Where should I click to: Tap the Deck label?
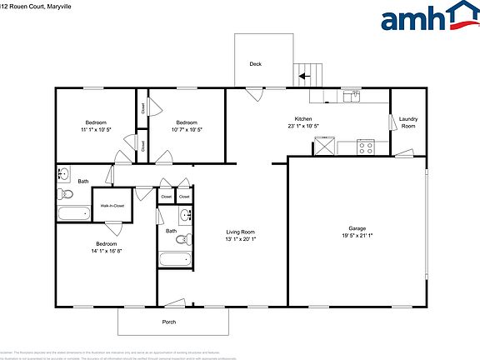pos(256,64)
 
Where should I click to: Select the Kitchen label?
pos(302,119)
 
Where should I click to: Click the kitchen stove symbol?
pos(365,147)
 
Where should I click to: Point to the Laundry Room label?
pos(408,122)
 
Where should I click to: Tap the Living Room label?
pos(241,232)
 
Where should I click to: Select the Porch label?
pos(169,322)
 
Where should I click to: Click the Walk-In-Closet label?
pos(112,205)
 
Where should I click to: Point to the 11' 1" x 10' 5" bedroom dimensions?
pos(96,130)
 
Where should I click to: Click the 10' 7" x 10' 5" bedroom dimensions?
pos(186,130)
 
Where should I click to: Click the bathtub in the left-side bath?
pos(73,213)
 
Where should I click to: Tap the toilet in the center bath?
pos(181,241)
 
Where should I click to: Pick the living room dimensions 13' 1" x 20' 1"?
pos(241,240)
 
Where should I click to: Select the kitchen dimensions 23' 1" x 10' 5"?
pos(302,127)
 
